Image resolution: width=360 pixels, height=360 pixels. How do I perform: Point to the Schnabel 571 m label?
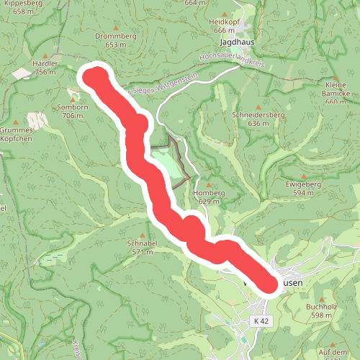[142, 248]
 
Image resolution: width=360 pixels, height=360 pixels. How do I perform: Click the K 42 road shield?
[261, 320]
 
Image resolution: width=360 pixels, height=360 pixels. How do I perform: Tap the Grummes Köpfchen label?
[14, 134]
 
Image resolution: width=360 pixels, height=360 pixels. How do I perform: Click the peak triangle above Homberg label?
[209, 184]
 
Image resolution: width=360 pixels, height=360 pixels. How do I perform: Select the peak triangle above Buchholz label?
[322, 299]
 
